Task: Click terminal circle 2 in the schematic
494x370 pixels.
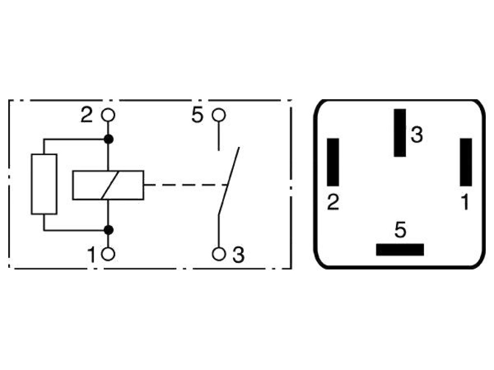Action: click(108, 115)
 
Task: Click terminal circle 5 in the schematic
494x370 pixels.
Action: click(219, 115)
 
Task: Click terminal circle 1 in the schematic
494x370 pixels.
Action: click(108, 254)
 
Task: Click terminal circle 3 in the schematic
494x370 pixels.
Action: click(219, 254)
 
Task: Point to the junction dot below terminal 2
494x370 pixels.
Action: click(109, 139)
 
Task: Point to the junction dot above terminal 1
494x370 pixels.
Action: click(109, 230)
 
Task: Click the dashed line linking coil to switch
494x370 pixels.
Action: click(186, 185)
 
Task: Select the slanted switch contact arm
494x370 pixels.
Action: click(229, 181)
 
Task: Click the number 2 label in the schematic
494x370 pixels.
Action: click(87, 115)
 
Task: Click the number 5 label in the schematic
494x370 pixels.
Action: click(197, 115)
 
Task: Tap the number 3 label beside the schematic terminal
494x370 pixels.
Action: click(238, 254)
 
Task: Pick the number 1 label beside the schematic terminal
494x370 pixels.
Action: click(91, 254)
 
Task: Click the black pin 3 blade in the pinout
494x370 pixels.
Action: click(400, 133)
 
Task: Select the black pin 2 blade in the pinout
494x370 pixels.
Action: click(333, 162)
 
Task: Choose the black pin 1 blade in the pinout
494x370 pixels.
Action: click(466, 162)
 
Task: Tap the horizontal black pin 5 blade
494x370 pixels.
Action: click(400, 250)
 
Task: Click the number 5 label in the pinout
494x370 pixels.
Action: click(400, 230)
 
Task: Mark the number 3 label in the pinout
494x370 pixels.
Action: click(417, 135)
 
